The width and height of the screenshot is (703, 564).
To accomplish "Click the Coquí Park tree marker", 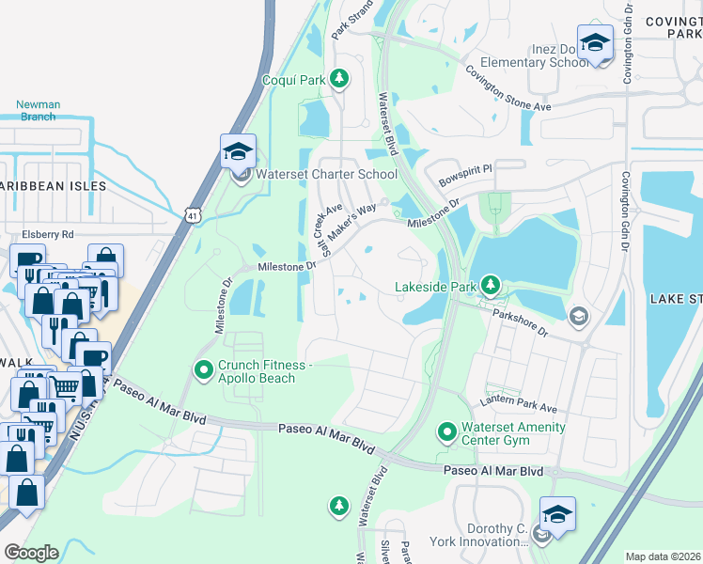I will coord(339,80).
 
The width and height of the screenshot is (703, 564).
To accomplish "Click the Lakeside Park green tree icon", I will coord(489,284).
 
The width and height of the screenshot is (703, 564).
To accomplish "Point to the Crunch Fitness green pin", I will coord(201,371).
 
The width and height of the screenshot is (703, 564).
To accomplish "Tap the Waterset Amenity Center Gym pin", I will coord(447,433).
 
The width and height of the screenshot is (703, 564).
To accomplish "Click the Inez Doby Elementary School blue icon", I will coord(595,43).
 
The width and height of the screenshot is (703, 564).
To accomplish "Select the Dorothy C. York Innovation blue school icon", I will coord(557,515).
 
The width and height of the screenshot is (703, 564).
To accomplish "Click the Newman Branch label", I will coord(39,111).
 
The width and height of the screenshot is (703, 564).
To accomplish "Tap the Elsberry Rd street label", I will coord(47,234).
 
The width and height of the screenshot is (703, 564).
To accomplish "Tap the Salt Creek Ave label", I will coord(325,229).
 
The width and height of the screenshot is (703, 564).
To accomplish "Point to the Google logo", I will coord(31,552).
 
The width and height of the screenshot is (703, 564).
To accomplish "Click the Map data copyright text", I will coord(663,556).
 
